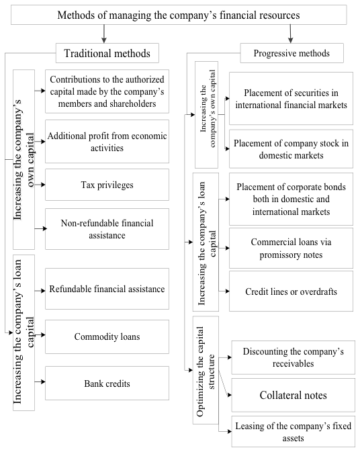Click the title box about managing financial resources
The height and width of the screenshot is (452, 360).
pos(179,15)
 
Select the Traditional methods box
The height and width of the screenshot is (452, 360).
pos(107,53)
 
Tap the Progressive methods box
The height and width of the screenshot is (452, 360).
pos(291,53)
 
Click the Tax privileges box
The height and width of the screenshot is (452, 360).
pos(107,185)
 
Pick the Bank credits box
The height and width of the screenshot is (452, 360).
pos(107,383)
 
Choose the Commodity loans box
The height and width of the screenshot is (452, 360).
pos(107,336)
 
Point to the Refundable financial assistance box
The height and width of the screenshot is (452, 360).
pos(107,289)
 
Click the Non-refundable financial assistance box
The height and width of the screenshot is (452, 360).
pos(107,229)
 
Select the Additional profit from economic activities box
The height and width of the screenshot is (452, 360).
pos(107,142)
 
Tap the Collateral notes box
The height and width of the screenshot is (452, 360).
pos(293,395)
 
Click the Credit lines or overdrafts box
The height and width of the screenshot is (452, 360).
pos(291,291)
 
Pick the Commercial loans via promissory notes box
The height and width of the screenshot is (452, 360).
pos(291,248)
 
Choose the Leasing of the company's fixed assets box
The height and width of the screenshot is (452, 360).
pos(293,432)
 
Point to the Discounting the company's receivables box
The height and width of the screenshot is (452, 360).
pos(293,357)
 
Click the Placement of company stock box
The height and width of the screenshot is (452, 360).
pos(291,149)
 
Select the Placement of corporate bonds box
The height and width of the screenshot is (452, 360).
pos(291,199)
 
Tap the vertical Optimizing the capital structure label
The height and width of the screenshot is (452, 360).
pos(206,371)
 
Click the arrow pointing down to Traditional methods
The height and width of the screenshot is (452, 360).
pos(104,34)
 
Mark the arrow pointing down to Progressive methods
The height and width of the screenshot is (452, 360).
pos(291,34)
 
